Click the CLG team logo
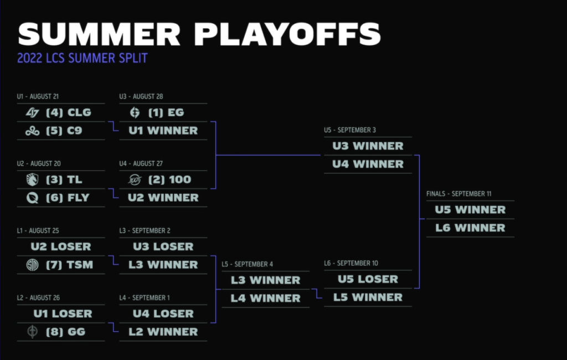tap(32, 112)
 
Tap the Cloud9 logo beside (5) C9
tap(32, 131)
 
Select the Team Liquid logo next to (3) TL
tap(32, 179)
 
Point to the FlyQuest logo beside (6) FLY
tap(32, 198)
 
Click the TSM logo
tap(32, 265)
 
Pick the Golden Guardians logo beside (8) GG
tap(32, 332)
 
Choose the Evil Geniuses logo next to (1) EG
tap(135, 112)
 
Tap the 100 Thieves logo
tap(135, 179)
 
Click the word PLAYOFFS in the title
tap(287, 34)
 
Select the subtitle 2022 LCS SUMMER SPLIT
tap(83, 58)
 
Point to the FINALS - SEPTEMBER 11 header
tap(458, 194)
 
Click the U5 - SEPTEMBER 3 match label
tap(350, 130)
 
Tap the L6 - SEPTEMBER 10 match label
tap(350, 264)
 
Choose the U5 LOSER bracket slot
tap(368, 279)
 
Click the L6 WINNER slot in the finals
tap(470, 228)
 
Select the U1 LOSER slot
tap(63, 313)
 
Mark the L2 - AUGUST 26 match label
tap(38, 298)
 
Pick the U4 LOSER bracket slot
tap(163, 313)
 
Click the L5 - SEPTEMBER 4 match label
tap(248, 265)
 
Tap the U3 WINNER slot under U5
tap(368, 146)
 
